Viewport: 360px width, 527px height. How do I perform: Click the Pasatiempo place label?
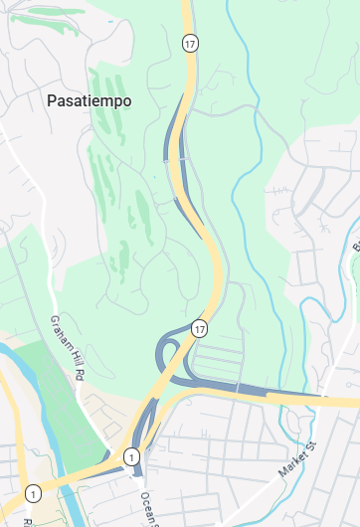click(x=89, y=100)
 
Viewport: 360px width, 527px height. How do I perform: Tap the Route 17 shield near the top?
click(x=189, y=42)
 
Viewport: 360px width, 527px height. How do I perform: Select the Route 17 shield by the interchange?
click(x=201, y=328)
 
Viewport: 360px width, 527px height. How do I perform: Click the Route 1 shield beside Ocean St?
click(x=131, y=456)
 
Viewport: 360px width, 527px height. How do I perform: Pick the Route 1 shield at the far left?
click(x=34, y=493)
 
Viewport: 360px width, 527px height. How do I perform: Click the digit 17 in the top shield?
click(x=189, y=42)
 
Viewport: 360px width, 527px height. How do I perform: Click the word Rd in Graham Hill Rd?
click(x=76, y=370)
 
